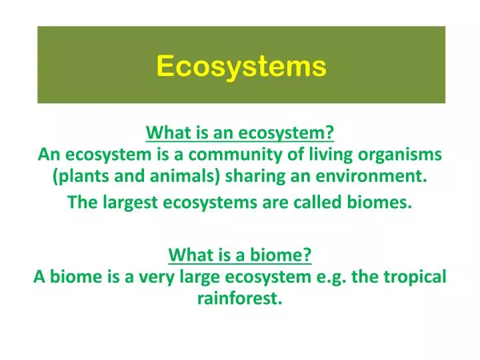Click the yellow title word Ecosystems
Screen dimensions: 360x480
tap(241, 66)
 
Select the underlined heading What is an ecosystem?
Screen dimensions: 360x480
tap(240, 133)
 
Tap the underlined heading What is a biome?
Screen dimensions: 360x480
tap(240, 255)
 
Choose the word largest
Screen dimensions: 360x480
tap(126, 203)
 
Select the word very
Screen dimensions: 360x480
tap(141, 277)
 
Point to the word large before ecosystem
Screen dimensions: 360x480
tap(183, 277)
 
